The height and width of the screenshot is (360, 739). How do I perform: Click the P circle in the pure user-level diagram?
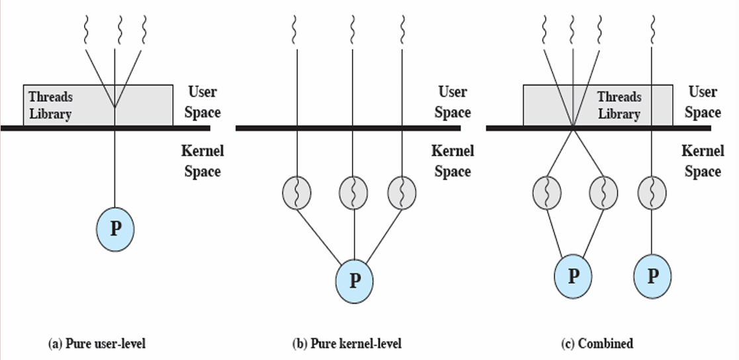point(115,229)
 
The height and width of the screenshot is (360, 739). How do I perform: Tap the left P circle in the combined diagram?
point(573,275)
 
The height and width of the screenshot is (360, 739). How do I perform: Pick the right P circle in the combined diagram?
point(652,275)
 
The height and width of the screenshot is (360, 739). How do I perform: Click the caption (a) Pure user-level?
point(97,343)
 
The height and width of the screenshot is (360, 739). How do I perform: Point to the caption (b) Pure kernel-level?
point(347,343)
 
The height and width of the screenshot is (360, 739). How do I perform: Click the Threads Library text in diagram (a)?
point(51,105)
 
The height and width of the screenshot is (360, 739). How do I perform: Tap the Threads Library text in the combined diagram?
point(619,105)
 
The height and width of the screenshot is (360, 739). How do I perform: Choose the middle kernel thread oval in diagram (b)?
point(353,193)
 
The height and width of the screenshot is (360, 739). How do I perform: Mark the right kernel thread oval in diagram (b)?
point(402,193)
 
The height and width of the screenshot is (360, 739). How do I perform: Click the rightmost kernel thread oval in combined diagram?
point(652,193)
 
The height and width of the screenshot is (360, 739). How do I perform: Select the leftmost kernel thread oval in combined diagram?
point(547,193)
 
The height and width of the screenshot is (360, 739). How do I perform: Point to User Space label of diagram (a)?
point(202,101)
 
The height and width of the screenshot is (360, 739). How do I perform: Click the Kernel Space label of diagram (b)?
point(453,161)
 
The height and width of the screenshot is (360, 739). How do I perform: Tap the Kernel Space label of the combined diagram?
point(703,161)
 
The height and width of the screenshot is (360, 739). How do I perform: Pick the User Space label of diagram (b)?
point(453,101)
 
